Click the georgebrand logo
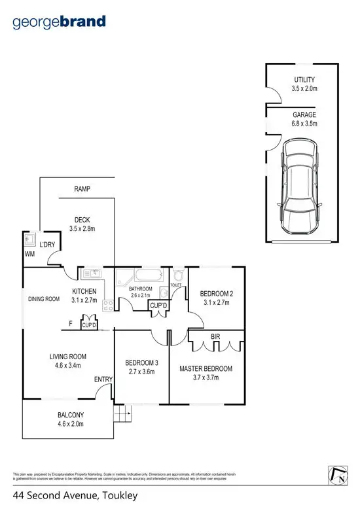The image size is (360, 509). click(59, 22)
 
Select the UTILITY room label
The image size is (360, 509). click(304, 80)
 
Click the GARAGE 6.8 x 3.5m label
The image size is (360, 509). click(304, 118)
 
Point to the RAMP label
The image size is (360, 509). click(82, 189)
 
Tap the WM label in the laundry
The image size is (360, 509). click(29, 253)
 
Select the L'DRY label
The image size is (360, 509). click(47, 245)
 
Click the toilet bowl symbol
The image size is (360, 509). click(177, 275)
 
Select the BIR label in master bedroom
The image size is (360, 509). click(215, 338)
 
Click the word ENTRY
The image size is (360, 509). click(103, 379)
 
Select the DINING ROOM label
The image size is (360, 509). click(44, 299)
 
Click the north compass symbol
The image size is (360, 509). click(336, 476)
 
